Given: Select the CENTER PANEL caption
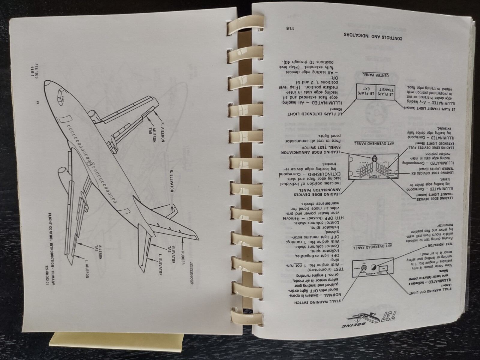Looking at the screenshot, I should [374, 74].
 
